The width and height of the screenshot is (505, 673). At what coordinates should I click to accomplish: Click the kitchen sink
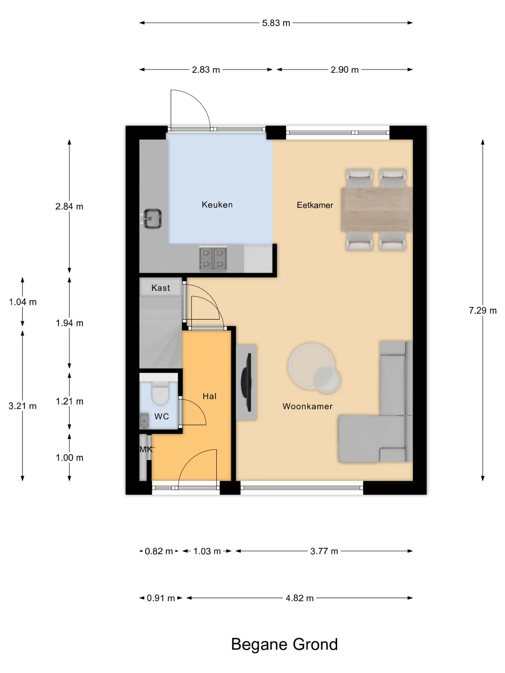(x=152, y=218)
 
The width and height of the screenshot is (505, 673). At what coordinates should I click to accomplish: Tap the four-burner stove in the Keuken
(x=213, y=259)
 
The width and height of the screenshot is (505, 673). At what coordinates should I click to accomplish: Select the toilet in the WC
(x=160, y=393)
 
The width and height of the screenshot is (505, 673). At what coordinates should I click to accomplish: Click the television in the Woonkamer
(x=246, y=382)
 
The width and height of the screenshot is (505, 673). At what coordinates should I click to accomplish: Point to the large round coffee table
(x=311, y=366)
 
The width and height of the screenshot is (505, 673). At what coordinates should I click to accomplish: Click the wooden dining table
(x=377, y=209)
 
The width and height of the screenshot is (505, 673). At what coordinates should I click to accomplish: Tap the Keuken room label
(x=217, y=205)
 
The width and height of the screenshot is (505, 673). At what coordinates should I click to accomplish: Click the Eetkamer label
(x=315, y=205)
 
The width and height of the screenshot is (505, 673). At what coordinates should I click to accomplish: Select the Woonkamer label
(x=307, y=406)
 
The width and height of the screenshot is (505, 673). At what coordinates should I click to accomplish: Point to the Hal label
(x=209, y=396)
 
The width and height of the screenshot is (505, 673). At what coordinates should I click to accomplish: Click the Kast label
(x=161, y=288)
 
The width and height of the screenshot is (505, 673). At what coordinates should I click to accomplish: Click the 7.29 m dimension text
(x=482, y=310)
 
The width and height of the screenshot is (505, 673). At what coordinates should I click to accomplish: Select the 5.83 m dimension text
(x=276, y=23)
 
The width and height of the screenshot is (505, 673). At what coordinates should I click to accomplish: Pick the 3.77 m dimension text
(x=324, y=551)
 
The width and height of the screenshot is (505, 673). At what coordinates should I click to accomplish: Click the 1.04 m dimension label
(x=23, y=302)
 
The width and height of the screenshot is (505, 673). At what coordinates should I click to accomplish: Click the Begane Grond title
(x=284, y=644)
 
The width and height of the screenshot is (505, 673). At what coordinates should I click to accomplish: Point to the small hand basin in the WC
(x=144, y=421)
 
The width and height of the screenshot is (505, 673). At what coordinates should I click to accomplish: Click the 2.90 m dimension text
(x=345, y=70)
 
